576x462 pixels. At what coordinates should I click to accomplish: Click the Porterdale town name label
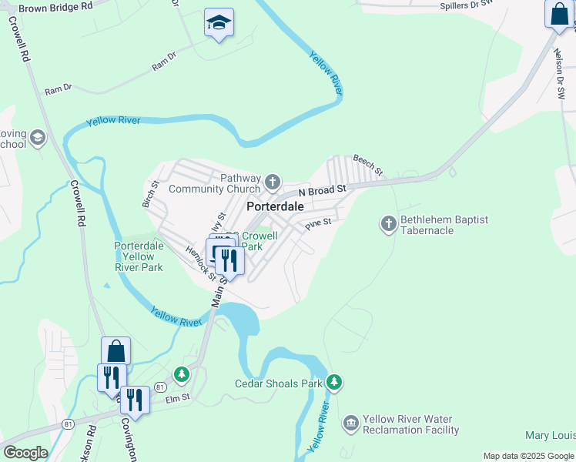point(275,207)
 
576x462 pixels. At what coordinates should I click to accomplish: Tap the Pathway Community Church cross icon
point(272,182)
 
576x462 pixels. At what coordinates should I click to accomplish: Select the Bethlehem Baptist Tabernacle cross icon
point(389,224)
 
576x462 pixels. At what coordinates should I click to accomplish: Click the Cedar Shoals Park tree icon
point(333,382)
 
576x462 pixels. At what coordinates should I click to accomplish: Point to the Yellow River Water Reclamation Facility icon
point(351,423)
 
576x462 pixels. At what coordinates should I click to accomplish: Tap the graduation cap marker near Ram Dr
point(219,23)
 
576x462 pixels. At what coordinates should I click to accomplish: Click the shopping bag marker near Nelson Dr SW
point(558,14)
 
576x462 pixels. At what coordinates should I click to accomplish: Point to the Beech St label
point(368,163)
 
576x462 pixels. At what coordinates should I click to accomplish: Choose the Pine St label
point(317,223)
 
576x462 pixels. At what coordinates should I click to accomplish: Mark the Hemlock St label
point(199,256)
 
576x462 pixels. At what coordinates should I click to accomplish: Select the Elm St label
point(177,400)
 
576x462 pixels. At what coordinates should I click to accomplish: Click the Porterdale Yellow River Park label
point(139,256)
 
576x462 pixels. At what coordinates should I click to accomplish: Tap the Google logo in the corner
point(25,453)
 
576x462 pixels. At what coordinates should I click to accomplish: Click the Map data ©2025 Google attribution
point(527,456)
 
